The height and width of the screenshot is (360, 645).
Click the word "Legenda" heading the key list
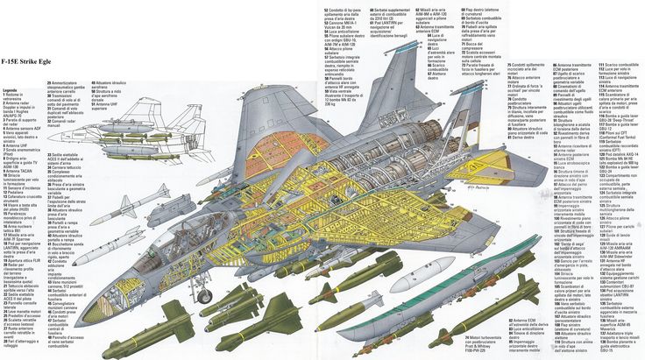[x=11, y=89]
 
